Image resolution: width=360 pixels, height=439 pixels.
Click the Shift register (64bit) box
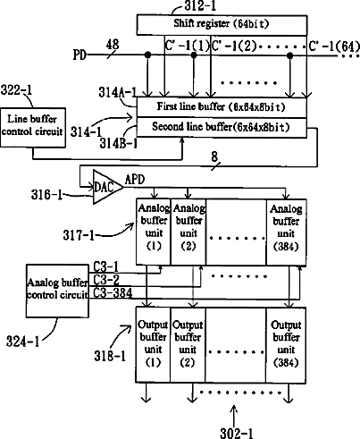point(222,25)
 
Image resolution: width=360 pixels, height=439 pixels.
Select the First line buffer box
point(222,107)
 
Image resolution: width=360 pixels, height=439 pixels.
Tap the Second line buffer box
point(222,128)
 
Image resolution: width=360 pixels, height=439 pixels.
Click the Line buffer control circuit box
point(33,128)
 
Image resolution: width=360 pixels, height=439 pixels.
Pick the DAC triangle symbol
point(105,187)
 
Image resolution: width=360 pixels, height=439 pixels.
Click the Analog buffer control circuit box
point(57,291)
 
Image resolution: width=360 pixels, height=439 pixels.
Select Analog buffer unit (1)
point(154,232)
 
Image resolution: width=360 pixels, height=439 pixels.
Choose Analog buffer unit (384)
point(286,232)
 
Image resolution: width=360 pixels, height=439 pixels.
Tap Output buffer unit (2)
point(188,345)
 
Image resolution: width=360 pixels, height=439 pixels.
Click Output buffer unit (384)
point(286,345)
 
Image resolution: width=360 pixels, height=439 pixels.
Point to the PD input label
point(80,55)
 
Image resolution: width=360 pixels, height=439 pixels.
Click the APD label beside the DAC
point(135,180)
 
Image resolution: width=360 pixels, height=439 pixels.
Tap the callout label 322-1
point(16,89)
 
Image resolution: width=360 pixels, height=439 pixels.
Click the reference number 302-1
point(237,433)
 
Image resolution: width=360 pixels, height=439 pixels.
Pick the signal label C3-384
point(113,293)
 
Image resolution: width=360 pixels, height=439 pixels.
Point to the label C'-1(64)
point(334,46)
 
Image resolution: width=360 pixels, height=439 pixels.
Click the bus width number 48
point(113,45)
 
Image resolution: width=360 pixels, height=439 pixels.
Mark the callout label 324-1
point(23,342)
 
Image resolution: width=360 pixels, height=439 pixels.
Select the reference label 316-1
point(47,195)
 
